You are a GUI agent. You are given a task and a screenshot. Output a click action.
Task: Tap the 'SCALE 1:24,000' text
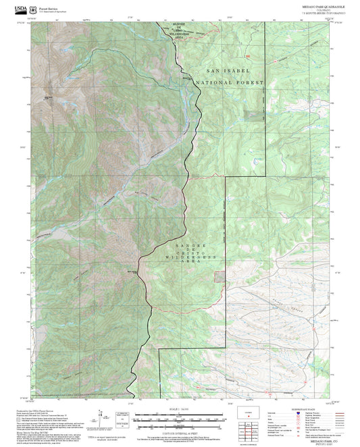pos(179,407)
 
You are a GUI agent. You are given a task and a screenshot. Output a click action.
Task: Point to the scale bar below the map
pos(179,415)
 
